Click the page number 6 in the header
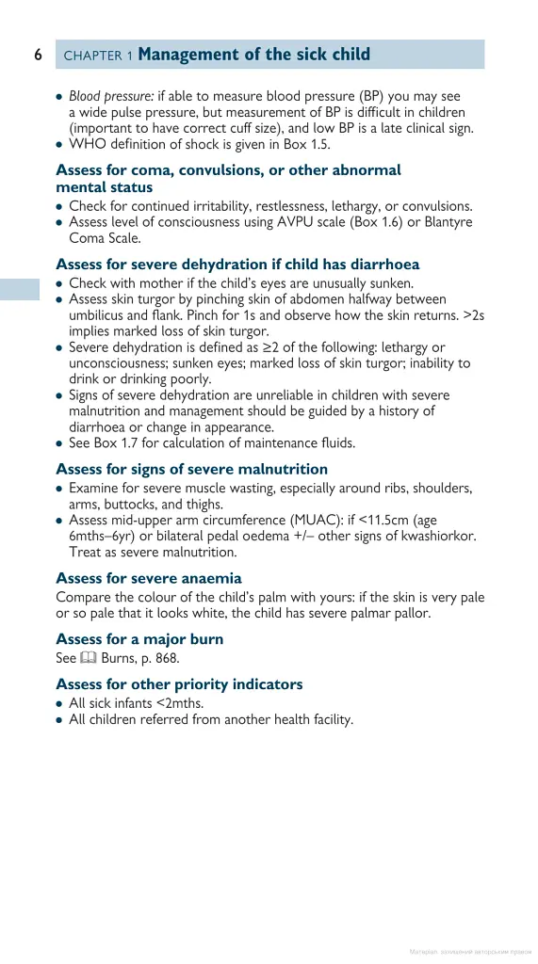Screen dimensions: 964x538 coord(39,55)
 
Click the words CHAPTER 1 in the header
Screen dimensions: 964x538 coord(98,56)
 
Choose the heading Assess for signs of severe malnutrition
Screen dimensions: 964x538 coord(192,469)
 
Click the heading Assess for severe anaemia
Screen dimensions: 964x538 coord(149,578)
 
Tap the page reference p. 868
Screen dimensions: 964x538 coord(160,658)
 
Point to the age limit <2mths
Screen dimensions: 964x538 coord(175,703)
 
